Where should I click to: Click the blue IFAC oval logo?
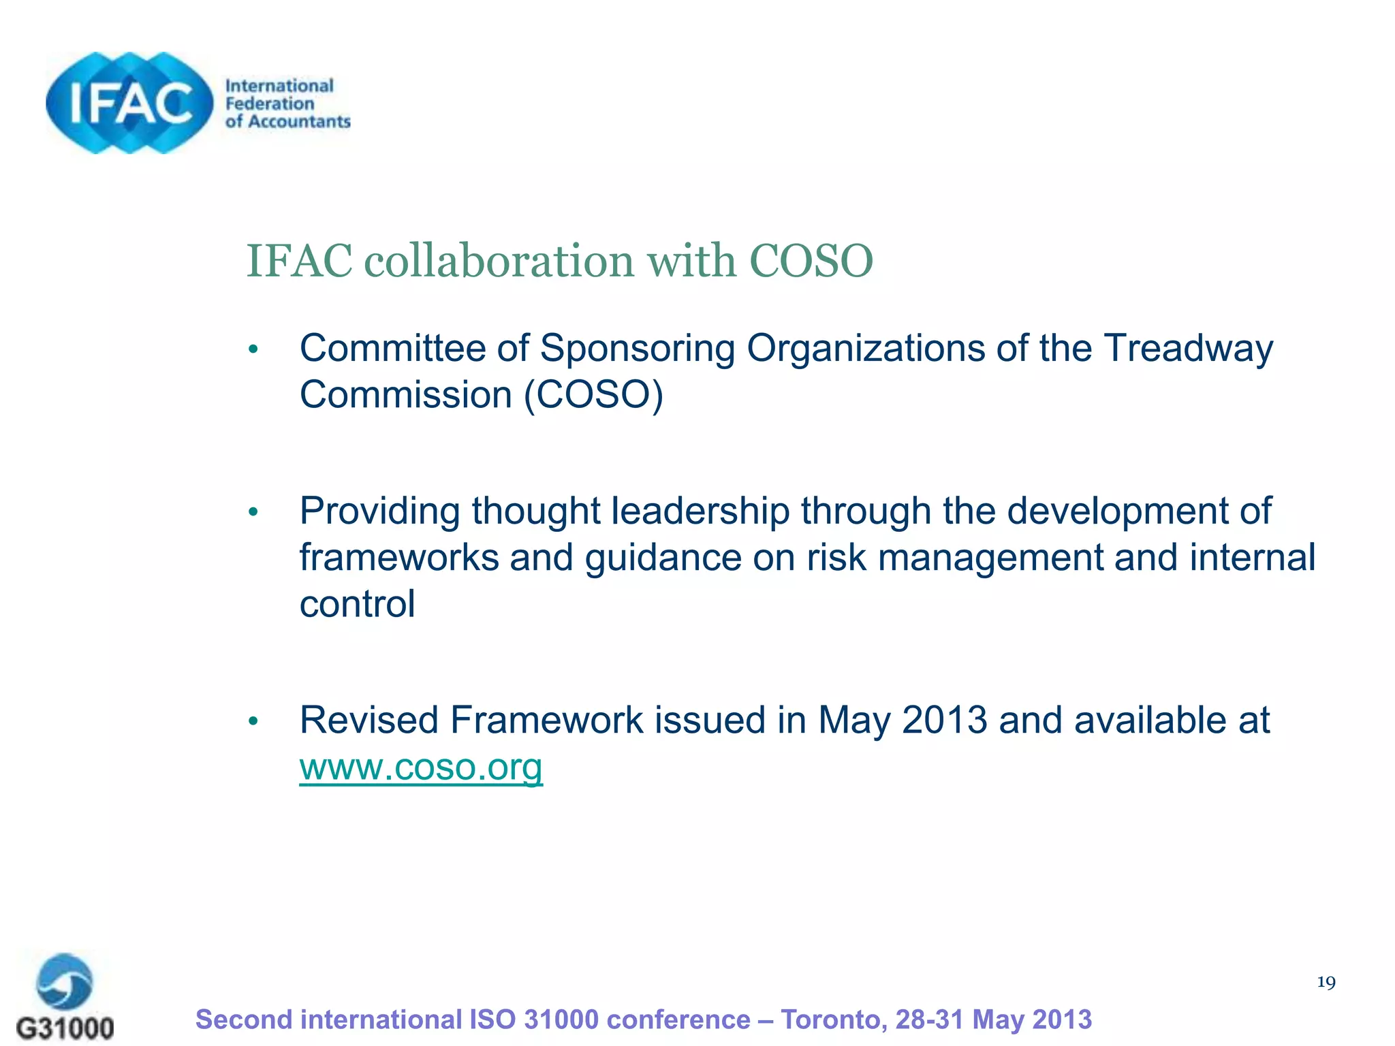pyautogui.click(x=129, y=103)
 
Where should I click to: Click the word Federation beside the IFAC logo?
pyautogui.click(x=270, y=104)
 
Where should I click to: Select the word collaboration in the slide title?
pyautogui.click(x=499, y=261)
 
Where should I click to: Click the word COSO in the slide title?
pyautogui.click(x=811, y=261)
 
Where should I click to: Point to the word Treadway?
pyautogui.click(x=1188, y=348)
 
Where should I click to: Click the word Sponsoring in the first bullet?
pyautogui.click(x=637, y=349)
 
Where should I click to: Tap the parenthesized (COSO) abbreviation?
pyautogui.click(x=593, y=395)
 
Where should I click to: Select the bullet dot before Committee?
pyautogui.click(x=253, y=350)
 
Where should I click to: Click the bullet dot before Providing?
pyautogui.click(x=253, y=512)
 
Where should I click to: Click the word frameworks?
pyautogui.click(x=399, y=558)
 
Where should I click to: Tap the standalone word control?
pyautogui.click(x=357, y=604)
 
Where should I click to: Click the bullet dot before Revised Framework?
pyautogui.click(x=253, y=721)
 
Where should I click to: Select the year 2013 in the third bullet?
pyautogui.click(x=944, y=720)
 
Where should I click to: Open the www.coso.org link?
pyautogui.click(x=421, y=767)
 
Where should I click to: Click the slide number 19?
pyautogui.click(x=1326, y=982)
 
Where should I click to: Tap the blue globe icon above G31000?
pyautogui.click(x=65, y=981)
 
